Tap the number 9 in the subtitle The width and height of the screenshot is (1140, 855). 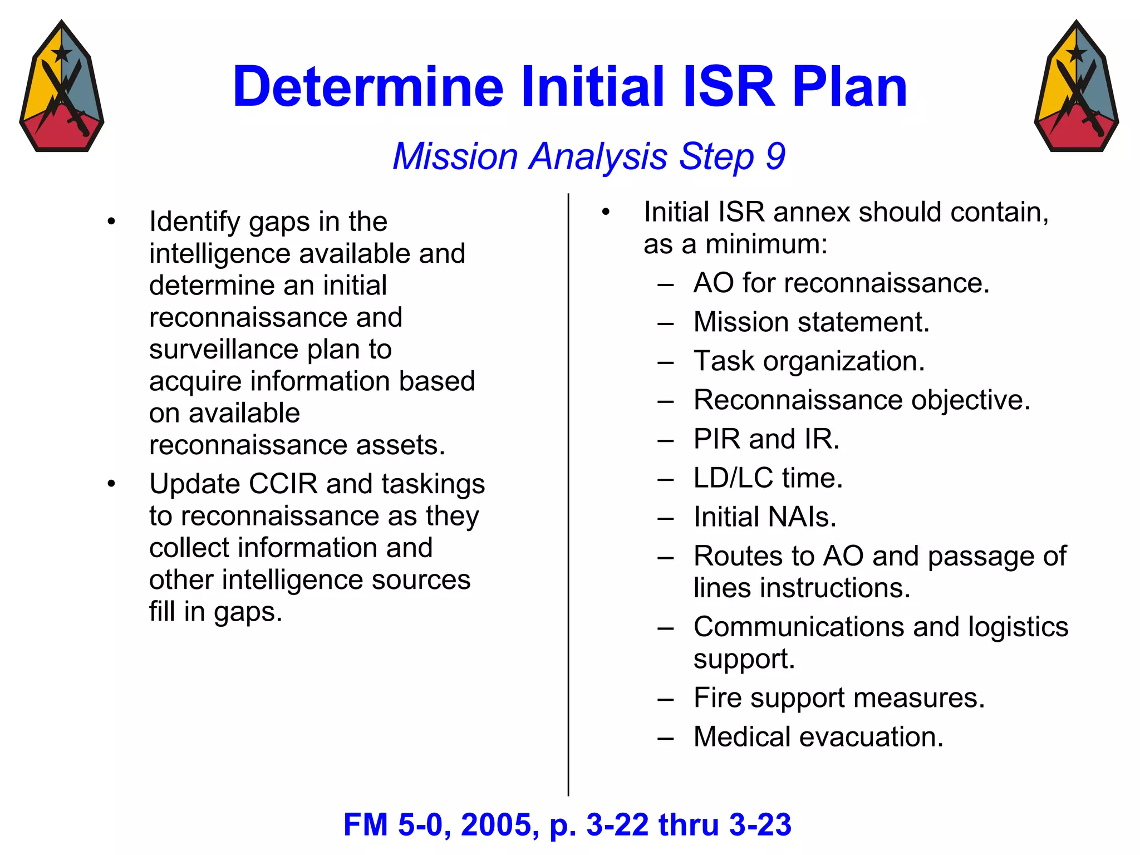click(775, 156)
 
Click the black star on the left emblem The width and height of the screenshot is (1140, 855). click(61, 53)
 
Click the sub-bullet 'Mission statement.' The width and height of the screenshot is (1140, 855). click(811, 322)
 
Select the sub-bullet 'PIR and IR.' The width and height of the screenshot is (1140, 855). click(766, 439)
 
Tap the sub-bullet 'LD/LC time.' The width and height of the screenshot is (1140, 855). click(768, 478)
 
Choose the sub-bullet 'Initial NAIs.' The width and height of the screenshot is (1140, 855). click(764, 517)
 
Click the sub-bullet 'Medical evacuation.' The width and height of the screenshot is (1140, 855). click(818, 737)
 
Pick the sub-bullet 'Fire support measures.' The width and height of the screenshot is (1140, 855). click(839, 698)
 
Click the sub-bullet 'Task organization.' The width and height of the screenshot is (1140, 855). click(809, 361)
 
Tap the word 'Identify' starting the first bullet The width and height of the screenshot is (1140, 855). click(195, 222)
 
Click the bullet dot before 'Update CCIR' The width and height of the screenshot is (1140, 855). click(111, 484)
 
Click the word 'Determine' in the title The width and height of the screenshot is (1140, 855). click(368, 87)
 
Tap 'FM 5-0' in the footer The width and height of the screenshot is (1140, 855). click(393, 825)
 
